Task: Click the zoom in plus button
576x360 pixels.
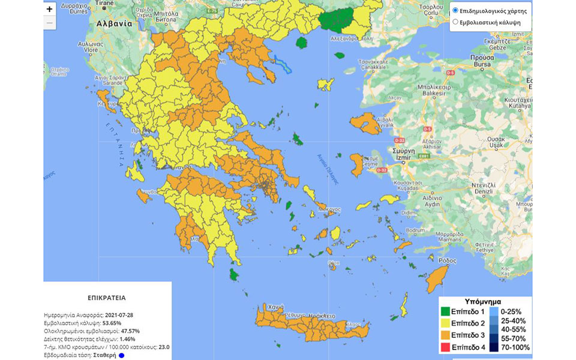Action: pos(50,9)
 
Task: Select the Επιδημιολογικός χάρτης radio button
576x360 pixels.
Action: pos(455,11)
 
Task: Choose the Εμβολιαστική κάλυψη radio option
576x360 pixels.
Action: pos(455,22)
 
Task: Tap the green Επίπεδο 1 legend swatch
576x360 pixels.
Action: pos(445,311)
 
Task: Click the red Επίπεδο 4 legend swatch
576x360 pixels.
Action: pos(445,347)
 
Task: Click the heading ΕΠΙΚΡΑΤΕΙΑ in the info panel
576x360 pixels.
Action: pos(106,297)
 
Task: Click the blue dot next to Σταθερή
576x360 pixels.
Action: pos(121,355)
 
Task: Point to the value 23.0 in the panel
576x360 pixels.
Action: pos(164,347)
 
